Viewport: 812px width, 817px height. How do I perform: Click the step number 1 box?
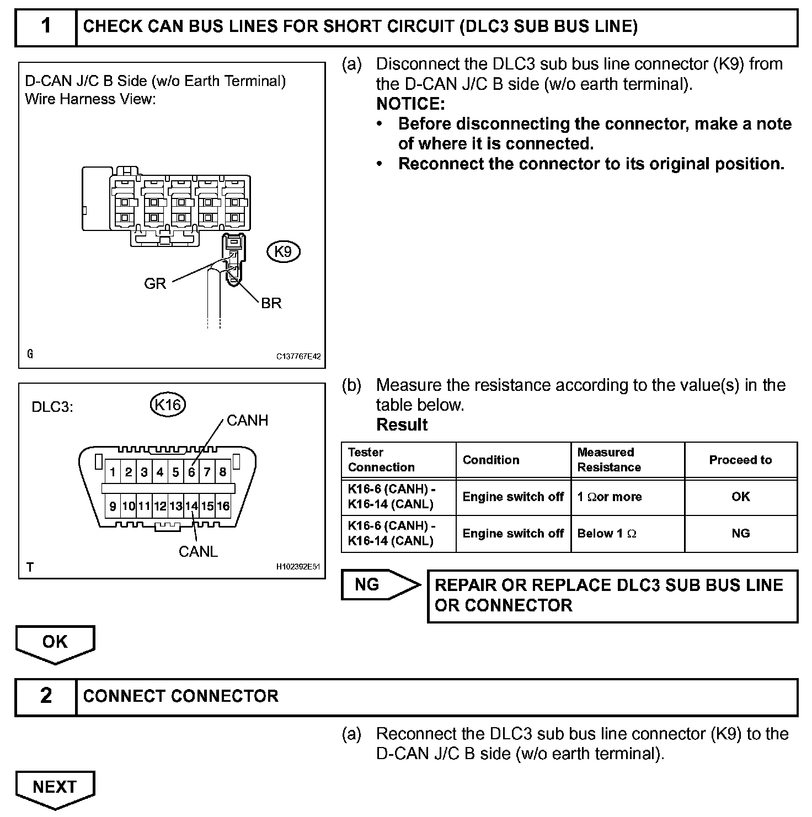pos(46,26)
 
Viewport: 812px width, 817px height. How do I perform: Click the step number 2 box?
pos(46,696)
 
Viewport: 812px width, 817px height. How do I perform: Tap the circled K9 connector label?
pos(283,252)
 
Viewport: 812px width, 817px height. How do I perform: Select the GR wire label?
pos(154,284)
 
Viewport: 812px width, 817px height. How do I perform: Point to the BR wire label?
pos(271,303)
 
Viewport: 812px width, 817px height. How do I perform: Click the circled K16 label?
pos(168,405)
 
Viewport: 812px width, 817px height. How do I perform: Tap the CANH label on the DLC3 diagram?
pos(247,421)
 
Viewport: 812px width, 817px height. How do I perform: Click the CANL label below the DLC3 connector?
pos(198,551)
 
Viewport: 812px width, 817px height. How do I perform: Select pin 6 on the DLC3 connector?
pos(191,472)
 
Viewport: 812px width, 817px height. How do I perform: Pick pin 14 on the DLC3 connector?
pos(191,506)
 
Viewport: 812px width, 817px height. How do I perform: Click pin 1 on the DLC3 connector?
pos(113,472)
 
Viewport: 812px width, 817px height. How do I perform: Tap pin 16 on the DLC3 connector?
pos(223,506)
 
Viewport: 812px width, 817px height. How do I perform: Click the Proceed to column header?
pos(740,460)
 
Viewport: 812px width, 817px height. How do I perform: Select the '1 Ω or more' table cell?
pos(610,497)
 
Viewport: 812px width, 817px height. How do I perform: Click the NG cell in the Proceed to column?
pos(740,534)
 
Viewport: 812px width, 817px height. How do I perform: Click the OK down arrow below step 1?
pos(55,642)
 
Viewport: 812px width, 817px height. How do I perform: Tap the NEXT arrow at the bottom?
pos(55,787)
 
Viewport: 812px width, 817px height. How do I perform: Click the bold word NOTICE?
pos(410,104)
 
